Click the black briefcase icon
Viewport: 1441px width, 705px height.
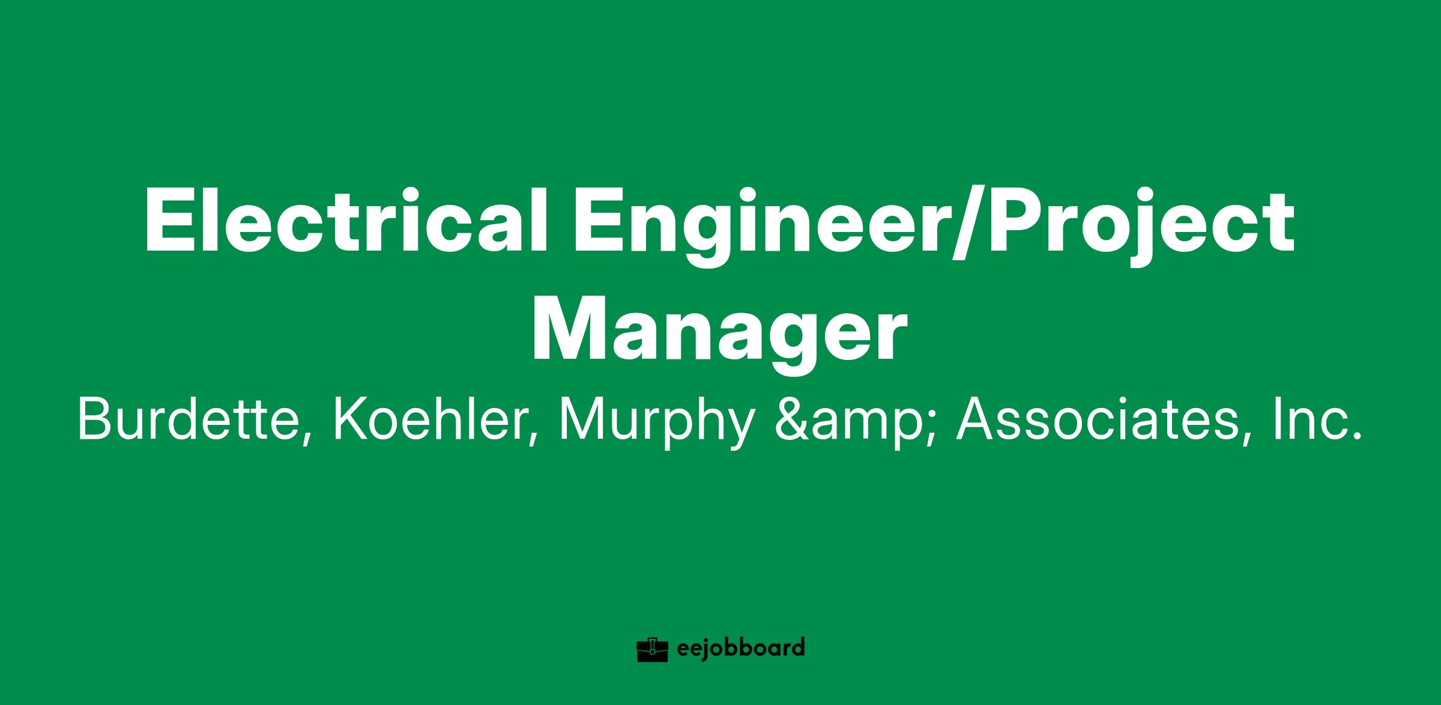[x=653, y=650]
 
